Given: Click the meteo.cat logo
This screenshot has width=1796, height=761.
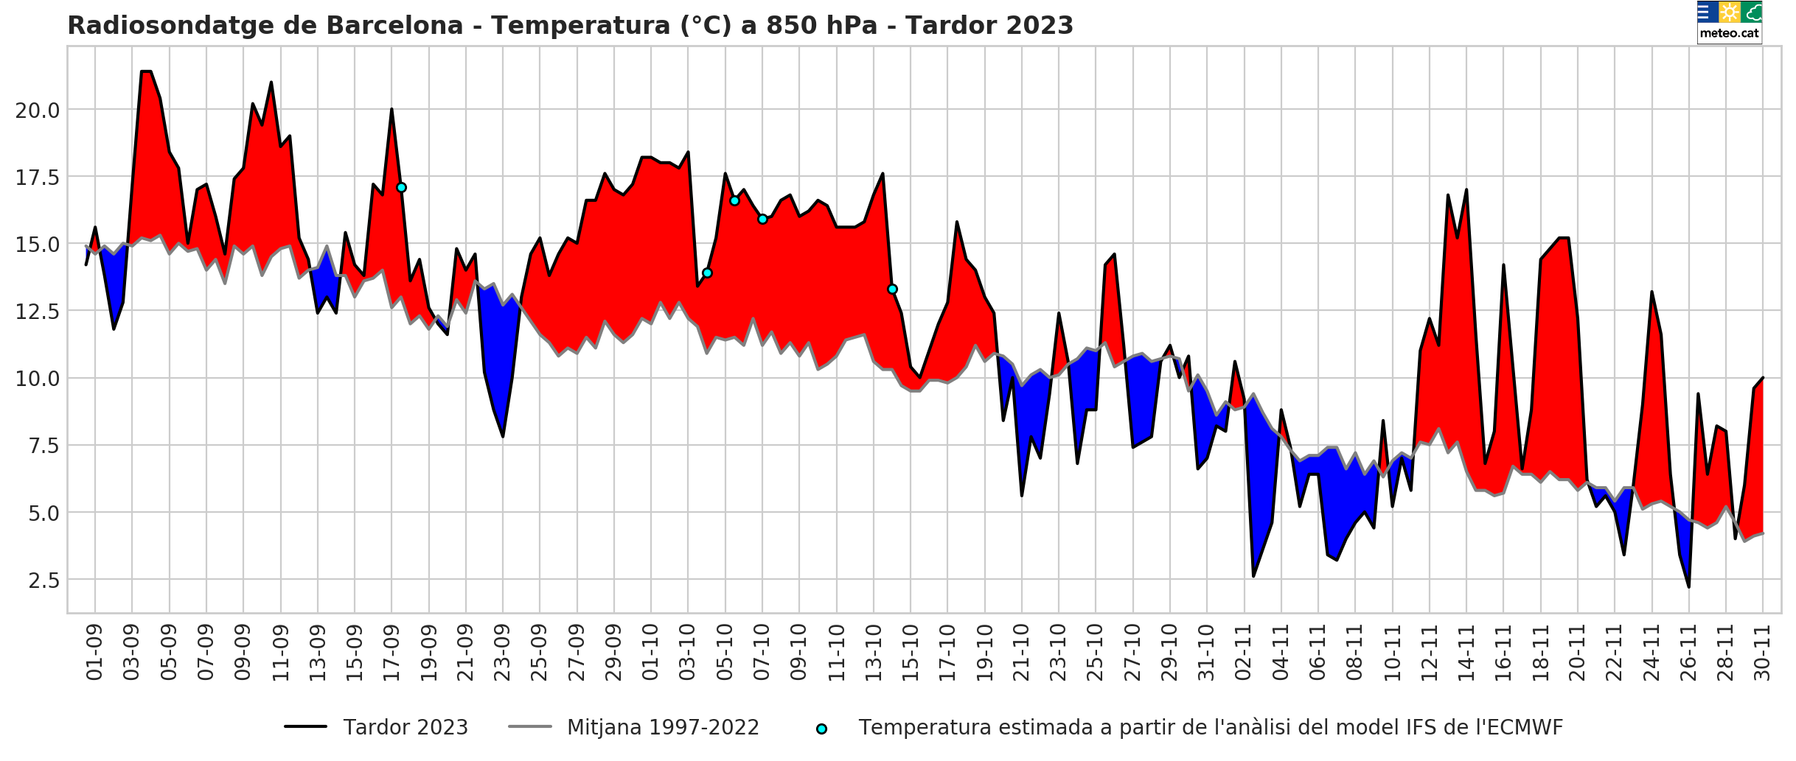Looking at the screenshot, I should click(1729, 21).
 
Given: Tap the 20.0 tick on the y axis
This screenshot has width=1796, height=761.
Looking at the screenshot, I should click(38, 111).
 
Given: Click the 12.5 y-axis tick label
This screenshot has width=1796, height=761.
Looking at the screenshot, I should click(38, 312).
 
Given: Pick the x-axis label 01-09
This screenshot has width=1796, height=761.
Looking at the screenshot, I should click(95, 652).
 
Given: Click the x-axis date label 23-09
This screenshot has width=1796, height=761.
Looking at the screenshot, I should click(503, 652).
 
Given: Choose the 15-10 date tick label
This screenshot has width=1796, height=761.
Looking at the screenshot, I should click(911, 652).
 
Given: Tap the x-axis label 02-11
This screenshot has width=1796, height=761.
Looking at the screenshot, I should click(1244, 652).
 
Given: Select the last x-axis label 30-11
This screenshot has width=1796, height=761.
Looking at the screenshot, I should click(1763, 652).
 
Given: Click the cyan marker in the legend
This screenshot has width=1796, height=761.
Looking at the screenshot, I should click(821, 729).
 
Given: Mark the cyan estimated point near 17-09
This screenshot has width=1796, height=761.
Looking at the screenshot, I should click(401, 188).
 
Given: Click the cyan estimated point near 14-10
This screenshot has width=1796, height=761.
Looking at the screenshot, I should click(892, 290).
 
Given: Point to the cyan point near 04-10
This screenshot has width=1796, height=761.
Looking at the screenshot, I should click(707, 273).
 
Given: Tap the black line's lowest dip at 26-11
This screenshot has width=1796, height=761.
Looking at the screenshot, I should click(1688, 587).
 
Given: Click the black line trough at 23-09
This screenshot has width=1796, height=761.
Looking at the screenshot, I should click(503, 436).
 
